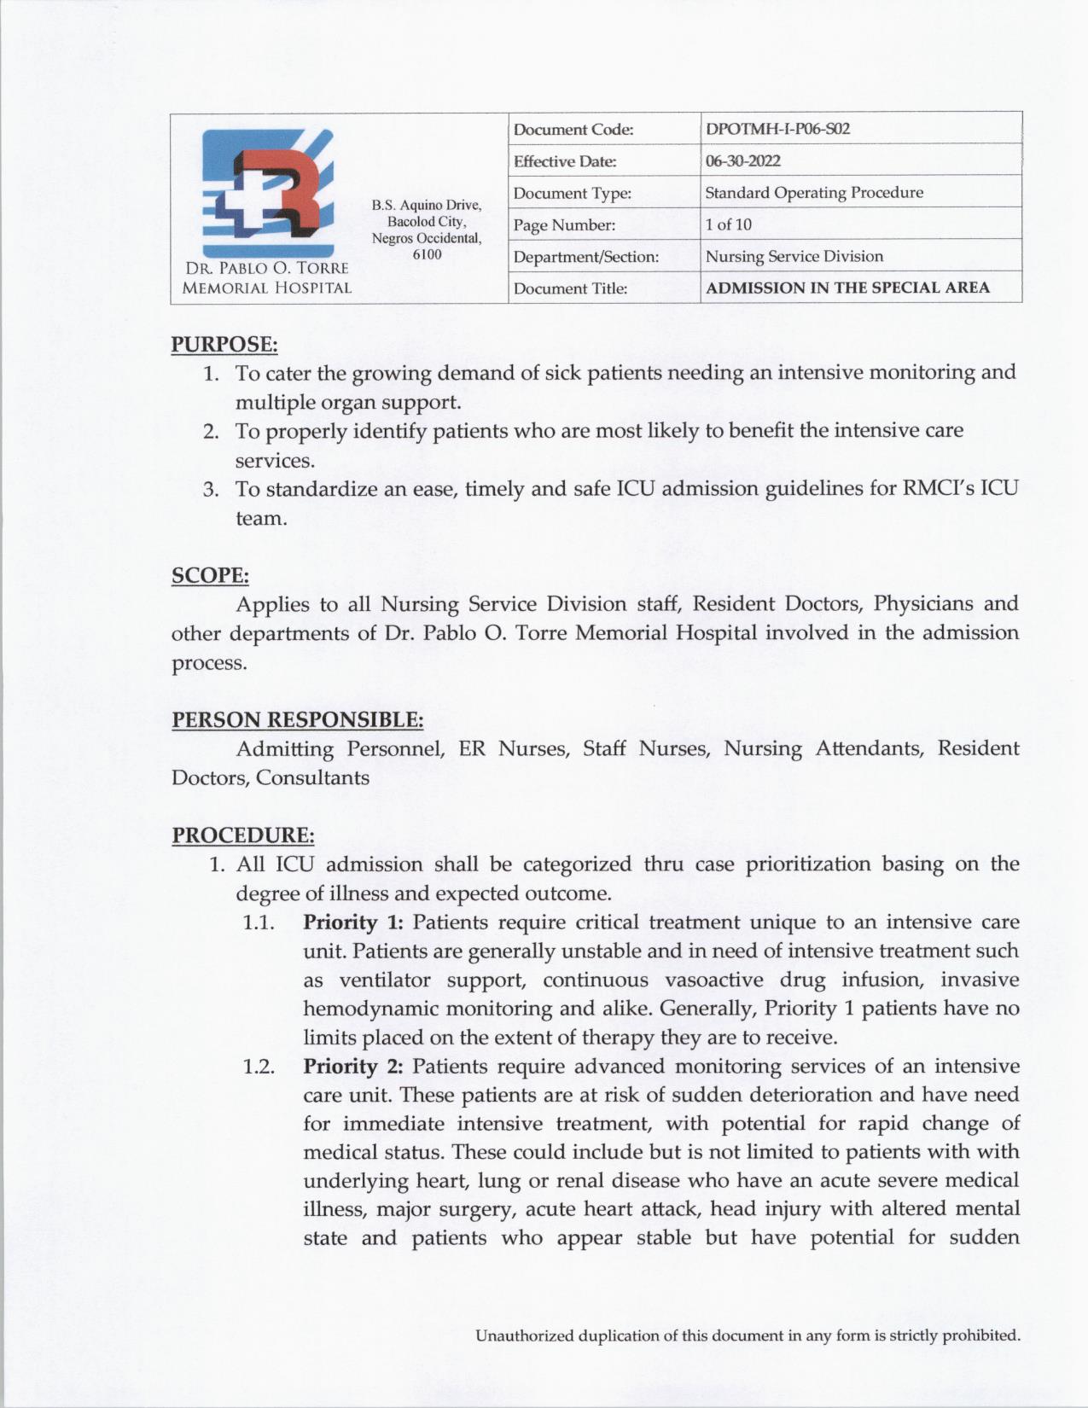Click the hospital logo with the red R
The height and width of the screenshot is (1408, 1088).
[x=266, y=183]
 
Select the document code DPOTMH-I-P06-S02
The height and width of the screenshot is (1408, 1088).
[x=777, y=130]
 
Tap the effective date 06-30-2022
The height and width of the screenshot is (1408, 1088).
[x=742, y=161]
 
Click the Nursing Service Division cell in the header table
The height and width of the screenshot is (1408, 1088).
[x=794, y=257]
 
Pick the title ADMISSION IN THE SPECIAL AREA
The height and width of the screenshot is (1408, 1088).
[x=847, y=288]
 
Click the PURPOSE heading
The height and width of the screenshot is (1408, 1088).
[x=224, y=345]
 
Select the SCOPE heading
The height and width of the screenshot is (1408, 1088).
[x=210, y=576]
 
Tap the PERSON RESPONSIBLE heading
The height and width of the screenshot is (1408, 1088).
[x=298, y=720]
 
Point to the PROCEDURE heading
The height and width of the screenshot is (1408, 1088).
[x=243, y=835]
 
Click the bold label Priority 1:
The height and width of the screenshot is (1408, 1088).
[x=353, y=922]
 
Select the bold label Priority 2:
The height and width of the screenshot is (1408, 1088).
[x=353, y=1067]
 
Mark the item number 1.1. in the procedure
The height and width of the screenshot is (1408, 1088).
[x=258, y=922]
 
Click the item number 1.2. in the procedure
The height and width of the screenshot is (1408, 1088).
[x=258, y=1067]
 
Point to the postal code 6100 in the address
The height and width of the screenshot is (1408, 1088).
[x=427, y=254]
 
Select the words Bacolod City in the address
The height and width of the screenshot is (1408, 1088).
[x=427, y=222]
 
